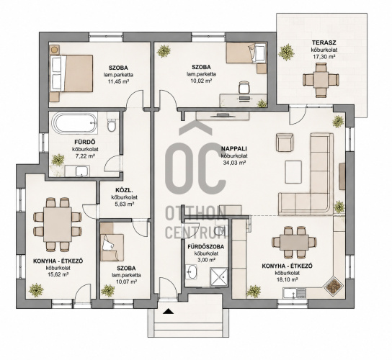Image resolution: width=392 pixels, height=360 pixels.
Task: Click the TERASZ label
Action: click(324, 42)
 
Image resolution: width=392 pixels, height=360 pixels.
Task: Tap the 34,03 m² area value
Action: click(234, 163)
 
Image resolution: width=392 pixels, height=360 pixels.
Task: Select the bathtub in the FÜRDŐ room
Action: click(74, 123)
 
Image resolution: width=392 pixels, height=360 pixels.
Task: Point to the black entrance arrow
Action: click(168, 311)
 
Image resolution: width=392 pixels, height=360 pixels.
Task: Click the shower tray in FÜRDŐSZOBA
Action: click(219, 277)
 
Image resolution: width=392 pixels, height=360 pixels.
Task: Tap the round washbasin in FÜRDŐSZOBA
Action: click(192, 271)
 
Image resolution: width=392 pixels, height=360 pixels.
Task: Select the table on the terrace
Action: click(321, 79)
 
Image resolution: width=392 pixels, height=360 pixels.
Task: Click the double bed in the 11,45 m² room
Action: click(71, 73)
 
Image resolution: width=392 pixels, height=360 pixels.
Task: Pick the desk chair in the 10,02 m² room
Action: click(244, 87)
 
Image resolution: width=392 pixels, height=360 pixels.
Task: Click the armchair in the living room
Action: click(285, 142)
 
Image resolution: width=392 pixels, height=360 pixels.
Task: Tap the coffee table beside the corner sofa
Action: click(293, 172)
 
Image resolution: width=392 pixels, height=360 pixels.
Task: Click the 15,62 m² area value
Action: click(58, 274)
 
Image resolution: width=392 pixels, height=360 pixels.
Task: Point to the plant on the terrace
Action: click(286, 52)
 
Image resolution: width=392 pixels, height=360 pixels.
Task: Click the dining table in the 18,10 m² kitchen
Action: click(294, 242)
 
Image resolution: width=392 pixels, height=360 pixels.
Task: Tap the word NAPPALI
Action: click(233, 149)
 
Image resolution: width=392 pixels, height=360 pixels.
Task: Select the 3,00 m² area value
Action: click(206, 260)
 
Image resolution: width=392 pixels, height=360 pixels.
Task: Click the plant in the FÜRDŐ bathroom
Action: click(58, 160)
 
